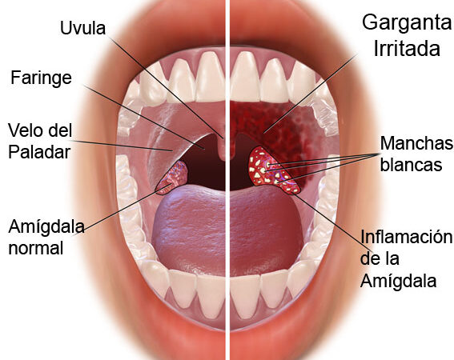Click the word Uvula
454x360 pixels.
pyautogui.click(x=82, y=28)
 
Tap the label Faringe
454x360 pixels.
pyautogui.click(x=41, y=78)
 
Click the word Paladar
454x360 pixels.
pyautogui.click(x=39, y=152)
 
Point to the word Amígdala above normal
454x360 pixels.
pyautogui.click(x=46, y=226)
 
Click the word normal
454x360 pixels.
pyautogui.click(x=36, y=248)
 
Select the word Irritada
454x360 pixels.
pyautogui.click(x=407, y=48)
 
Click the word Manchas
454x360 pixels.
pyautogui.click(x=416, y=143)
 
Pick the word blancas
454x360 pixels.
pyautogui.click(x=411, y=164)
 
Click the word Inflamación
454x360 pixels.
pyautogui.click(x=406, y=238)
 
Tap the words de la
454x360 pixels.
pyautogui.click(x=380, y=258)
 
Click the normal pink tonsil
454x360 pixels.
pyautogui.click(x=173, y=177)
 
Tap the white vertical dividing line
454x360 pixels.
pyautogui.click(x=227, y=180)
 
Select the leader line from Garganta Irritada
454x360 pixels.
pyautogui.click(x=310, y=94)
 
